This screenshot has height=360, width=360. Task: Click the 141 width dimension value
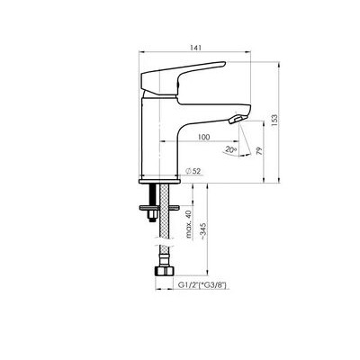pyautogui.click(x=194, y=48)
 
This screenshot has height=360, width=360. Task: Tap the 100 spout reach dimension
pyautogui.click(x=203, y=137)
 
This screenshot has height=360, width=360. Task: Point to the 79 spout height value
pyautogui.click(x=259, y=150)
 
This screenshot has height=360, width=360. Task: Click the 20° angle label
pyautogui.click(x=230, y=149)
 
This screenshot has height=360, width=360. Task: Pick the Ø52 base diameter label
pyautogui.click(x=193, y=171)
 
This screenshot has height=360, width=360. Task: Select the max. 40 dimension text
pyautogui.click(x=188, y=224)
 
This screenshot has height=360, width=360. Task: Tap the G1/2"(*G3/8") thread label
pyautogui.click(x=202, y=285)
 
